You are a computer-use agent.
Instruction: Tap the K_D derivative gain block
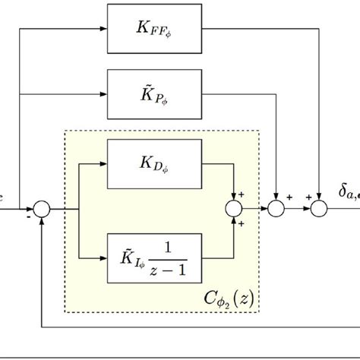click(x=156, y=163)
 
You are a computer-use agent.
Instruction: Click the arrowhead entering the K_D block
click(x=104, y=163)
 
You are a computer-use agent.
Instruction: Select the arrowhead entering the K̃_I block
click(x=104, y=256)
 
